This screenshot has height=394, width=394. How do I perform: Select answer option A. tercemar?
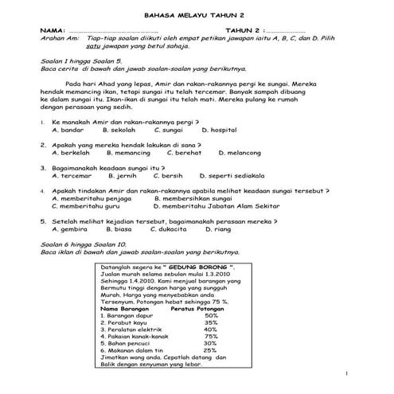tap(72, 175)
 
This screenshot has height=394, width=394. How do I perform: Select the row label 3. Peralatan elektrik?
tap(136, 328)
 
